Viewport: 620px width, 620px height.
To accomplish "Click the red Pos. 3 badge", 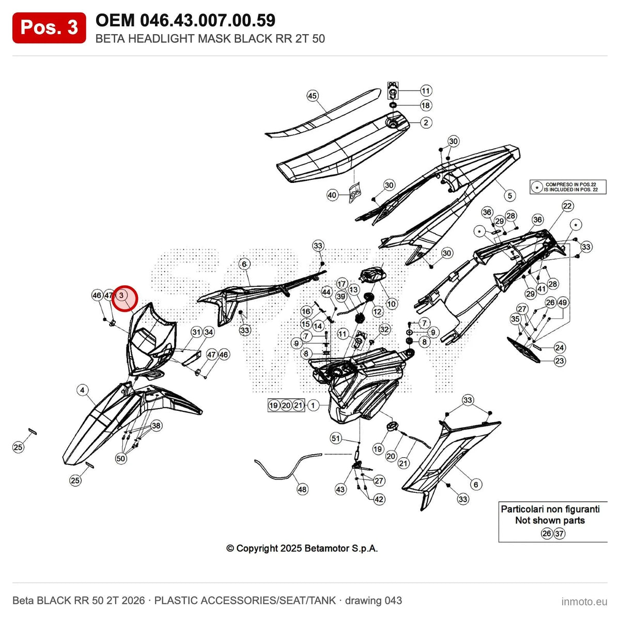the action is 49,28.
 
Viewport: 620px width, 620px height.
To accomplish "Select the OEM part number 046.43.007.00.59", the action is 208,21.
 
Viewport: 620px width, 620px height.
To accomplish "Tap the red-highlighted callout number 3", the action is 121,295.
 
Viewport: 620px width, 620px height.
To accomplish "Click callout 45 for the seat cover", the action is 312,96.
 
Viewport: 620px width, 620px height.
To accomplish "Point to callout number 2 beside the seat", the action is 426,122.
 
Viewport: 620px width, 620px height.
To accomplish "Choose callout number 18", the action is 425,105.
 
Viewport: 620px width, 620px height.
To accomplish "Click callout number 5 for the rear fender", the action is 509,195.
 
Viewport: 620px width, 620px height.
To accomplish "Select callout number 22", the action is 567,206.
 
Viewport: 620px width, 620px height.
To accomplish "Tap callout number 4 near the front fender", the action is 83,390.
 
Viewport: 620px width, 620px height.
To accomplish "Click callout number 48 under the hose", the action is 302,489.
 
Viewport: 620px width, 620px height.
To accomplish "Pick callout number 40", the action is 332,195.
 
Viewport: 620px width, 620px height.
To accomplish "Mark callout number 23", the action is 560,361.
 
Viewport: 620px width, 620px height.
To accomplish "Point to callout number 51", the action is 336,438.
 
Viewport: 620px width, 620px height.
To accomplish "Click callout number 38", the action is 156,426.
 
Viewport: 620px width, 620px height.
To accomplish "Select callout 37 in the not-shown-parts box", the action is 559,533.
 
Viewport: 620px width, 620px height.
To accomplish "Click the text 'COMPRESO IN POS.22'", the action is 571,184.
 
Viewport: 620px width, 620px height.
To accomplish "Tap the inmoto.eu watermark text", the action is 584,601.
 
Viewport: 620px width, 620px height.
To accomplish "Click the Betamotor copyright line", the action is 302,548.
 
